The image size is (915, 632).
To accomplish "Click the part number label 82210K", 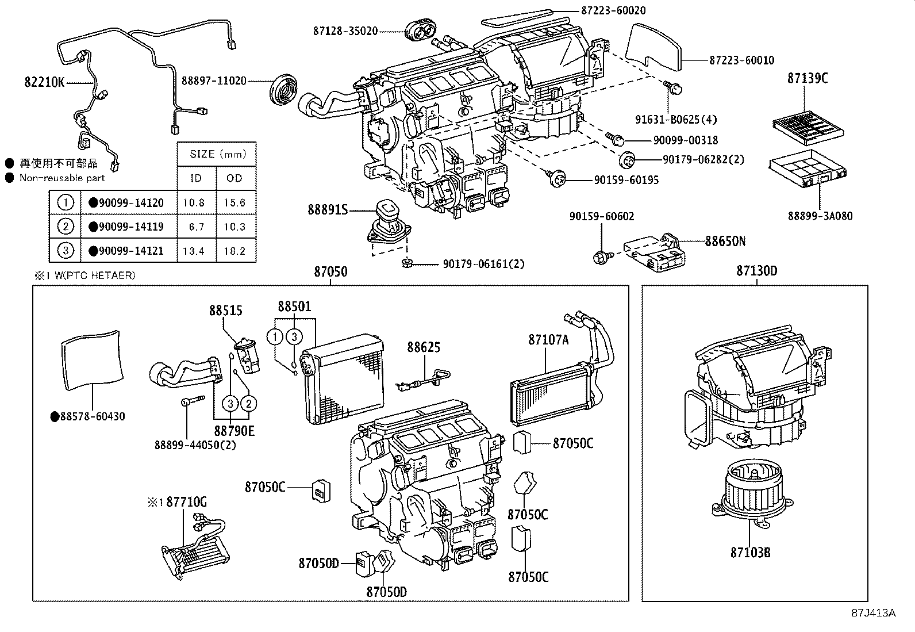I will click(x=44, y=82).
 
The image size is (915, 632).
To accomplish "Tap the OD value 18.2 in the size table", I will click(x=234, y=251).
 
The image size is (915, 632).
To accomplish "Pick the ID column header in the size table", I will click(x=196, y=178).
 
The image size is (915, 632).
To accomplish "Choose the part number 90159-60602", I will click(x=601, y=216).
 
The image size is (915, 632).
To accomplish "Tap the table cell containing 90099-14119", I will click(x=130, y=227).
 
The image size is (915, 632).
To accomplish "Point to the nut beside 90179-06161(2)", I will click(x=405, y=264).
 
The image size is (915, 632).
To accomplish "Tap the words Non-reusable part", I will click(x=62, y=178).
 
